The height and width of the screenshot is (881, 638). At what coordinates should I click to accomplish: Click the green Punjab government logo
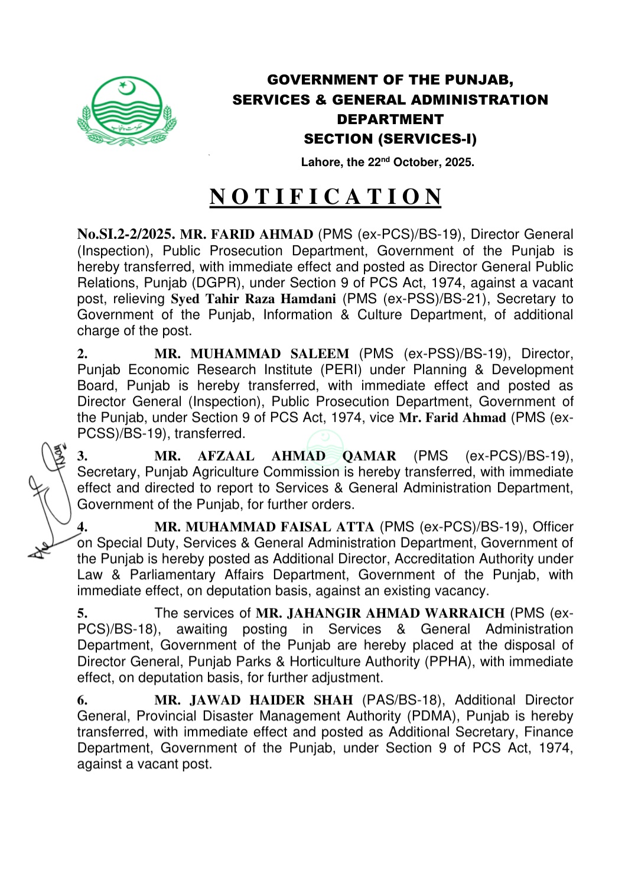coord(126,111)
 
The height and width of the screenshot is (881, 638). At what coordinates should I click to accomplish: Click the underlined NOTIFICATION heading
coord(325,197)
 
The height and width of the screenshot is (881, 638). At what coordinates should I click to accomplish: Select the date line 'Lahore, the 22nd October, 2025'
coord(388,162)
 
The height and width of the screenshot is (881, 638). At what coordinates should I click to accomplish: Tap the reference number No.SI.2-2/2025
coord(126,235)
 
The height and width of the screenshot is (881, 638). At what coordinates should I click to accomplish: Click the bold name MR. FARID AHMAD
coord(246,235)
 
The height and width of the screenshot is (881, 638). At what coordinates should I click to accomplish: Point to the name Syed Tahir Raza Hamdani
coord(253,299)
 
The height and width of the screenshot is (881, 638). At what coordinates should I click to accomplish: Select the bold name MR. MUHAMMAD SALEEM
coord(252,354)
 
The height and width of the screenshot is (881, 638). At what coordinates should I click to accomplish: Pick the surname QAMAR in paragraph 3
coord(369,456)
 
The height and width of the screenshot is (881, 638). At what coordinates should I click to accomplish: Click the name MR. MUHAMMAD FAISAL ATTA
coord(264,527)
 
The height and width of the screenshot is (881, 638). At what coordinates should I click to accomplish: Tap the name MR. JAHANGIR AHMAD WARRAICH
coord(380,613)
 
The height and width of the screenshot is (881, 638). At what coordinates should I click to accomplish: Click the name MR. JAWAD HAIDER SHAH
coord(253,700)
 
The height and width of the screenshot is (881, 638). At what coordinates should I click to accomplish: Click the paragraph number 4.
coord(82,527)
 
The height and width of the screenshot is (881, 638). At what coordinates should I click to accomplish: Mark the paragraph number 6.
coord(82,700)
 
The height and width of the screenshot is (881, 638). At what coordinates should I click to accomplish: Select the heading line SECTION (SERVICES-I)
coord(390,139)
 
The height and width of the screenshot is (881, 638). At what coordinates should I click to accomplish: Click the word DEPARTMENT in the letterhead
coord(390,119)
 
